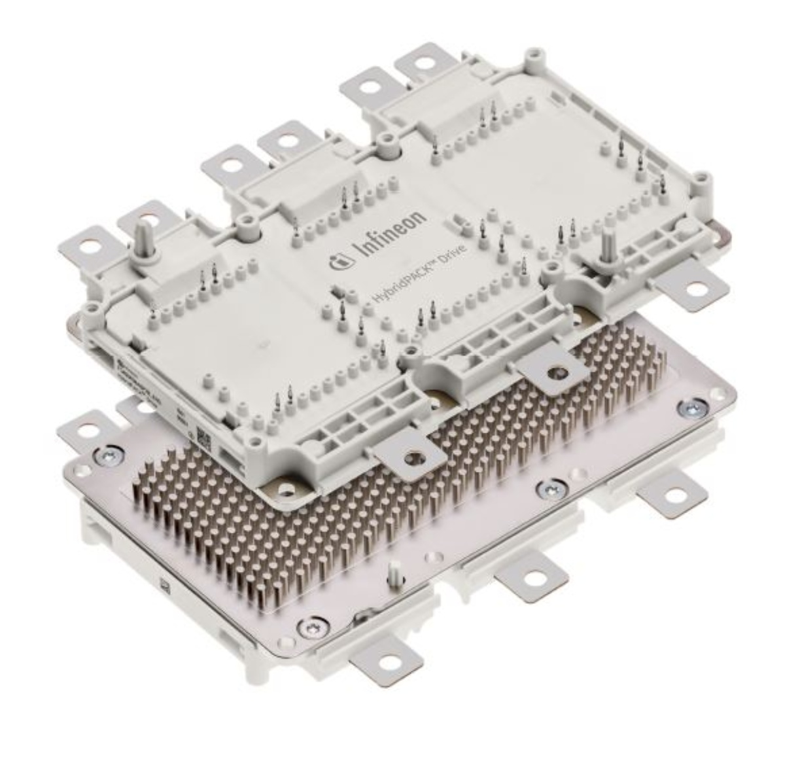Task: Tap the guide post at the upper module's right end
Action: [607, 245]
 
